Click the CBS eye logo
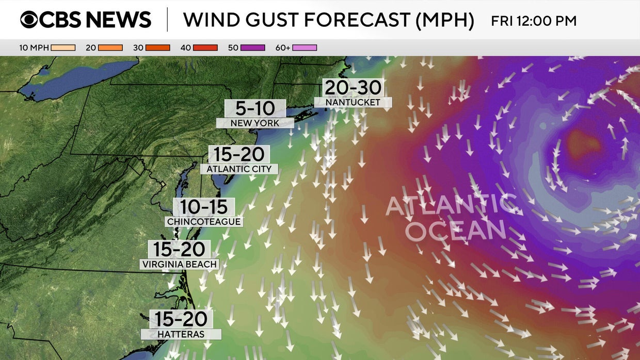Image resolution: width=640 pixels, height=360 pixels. [x=29, y=20]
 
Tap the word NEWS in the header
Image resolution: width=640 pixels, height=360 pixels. [x=118, y=20]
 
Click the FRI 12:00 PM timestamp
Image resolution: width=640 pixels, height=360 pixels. [x=534, y=21]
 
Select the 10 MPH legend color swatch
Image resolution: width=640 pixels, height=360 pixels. [x=63, y=48]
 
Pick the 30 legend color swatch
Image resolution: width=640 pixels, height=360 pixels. [x=157, y=48]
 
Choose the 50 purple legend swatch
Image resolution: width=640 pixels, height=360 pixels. [x=252, y=48]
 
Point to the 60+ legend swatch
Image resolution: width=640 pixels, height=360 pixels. [x=305, y=48]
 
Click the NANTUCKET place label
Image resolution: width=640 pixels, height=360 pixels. [x=353, y=103]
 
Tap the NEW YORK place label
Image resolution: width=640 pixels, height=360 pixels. [x=255, y=123]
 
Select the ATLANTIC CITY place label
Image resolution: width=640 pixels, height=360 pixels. [x=239, y=169]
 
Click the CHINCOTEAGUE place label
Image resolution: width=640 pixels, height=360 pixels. [x=204, y=221]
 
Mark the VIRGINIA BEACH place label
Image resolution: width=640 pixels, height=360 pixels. [x=179, y=265]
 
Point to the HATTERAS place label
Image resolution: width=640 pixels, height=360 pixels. [x=181, y=334]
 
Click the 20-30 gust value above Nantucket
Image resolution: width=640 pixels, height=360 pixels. [x=353, y=87]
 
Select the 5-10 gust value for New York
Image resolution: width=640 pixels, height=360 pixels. [x=255, y=108]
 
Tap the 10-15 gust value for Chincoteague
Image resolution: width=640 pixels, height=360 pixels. [x=204, y=207]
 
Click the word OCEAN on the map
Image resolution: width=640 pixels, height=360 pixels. [x=454, y=231]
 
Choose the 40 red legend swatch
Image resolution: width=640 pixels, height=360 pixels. [x=205, y=48]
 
